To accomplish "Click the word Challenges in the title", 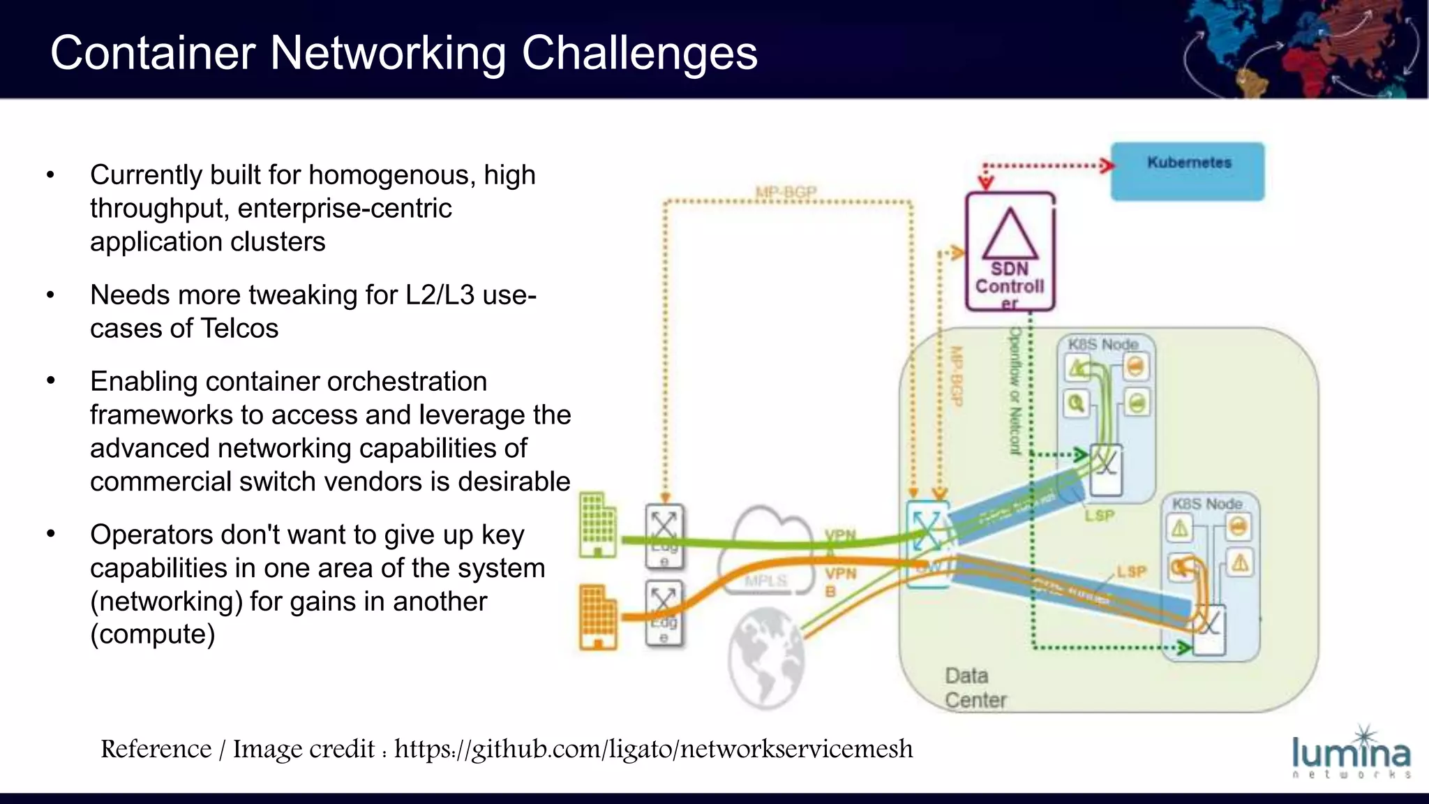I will pyautogui.click(x=639, y=53).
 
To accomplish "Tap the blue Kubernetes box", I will pyautogui.click(x=1188, y=172).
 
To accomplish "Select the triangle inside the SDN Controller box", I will pyautogui.click(x=1010, y=235).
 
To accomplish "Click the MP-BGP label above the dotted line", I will pyautogui.click(x=786, y=191).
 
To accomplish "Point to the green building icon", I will pyautogui.click(x=598, y=525).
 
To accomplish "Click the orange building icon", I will pyautogui.click(x=598, y=617).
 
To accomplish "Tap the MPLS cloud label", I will pyautogui.click(x=765, y=581).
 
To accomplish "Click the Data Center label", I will pyautogui.click(x=975, y=687).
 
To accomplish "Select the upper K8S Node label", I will pyautogui.click(x=1103, y=344).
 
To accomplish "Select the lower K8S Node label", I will pyautogui.click(x=1207, y=503).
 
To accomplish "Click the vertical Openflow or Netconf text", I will pyautogui.click(x=1015, y=391).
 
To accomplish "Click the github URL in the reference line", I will pyautogui.click(x=653, y=749).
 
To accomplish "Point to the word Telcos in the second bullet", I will pyautogui.click(x=239, y=328).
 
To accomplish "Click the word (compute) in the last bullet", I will pyautogui.click(x=153, y=634).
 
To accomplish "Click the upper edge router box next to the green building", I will pyautogui.click(x=664, y=536).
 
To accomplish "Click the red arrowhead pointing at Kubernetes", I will pyautogui.click(x=1107, y=166).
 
